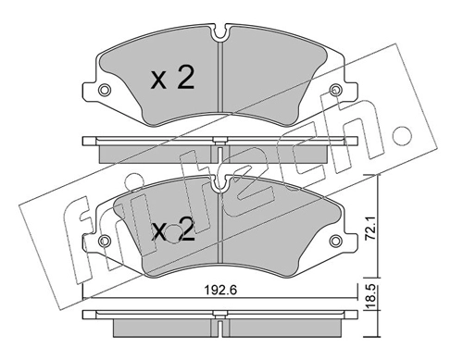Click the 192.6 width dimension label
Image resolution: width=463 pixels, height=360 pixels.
coord(220,290)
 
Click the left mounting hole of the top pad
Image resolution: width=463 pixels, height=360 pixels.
coord(105,90)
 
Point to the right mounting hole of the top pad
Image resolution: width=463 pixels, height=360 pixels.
coord(335,90)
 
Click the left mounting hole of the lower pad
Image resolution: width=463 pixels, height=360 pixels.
coord(105,241)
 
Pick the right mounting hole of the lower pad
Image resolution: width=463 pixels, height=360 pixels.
coord(335,241)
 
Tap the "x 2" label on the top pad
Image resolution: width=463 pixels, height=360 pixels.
coord(173,79)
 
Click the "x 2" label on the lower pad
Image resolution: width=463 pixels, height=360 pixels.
coord(173,230)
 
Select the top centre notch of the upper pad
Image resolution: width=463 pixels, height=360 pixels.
coord(220,32)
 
